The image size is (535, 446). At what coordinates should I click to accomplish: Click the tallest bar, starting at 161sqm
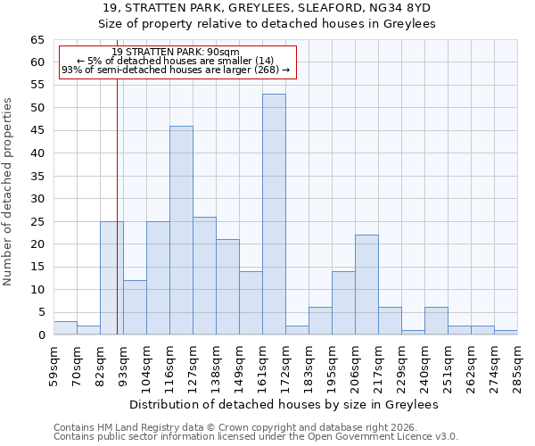pos(274,214)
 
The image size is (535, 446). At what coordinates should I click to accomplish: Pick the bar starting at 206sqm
pos(366,285)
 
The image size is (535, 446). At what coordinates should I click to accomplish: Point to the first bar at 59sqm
pos(65,328)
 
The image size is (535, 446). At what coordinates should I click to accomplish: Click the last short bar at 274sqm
pos(506,333)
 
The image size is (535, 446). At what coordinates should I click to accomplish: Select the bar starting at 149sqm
pos(251,303)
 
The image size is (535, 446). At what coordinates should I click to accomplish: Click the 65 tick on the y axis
pos(37,40)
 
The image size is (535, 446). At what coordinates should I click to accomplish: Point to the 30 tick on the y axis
pos(37,199)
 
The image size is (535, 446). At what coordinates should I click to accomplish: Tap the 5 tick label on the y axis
pos(41,312)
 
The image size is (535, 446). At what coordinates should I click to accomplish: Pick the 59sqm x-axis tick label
pos(53,363)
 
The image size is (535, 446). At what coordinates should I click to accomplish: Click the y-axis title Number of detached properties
pos(9,192)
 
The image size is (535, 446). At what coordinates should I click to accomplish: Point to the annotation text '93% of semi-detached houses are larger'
pos(176,70)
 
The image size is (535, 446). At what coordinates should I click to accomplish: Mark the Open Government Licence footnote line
pos(256,437)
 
